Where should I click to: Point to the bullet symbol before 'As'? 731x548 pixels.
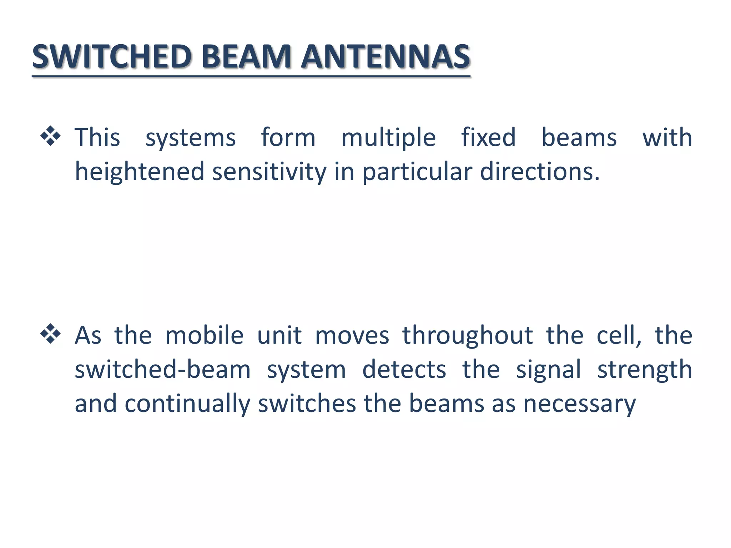tap(51, 334)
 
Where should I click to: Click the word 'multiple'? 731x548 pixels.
tap(388, 138)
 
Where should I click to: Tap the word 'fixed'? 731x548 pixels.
tap(488, 137)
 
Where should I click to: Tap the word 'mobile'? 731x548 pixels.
tap(205, 335)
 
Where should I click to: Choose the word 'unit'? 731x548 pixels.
tap(279, 335)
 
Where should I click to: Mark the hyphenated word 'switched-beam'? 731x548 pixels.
tap(162, 370)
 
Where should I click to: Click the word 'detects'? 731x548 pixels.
tap(404, 370)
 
